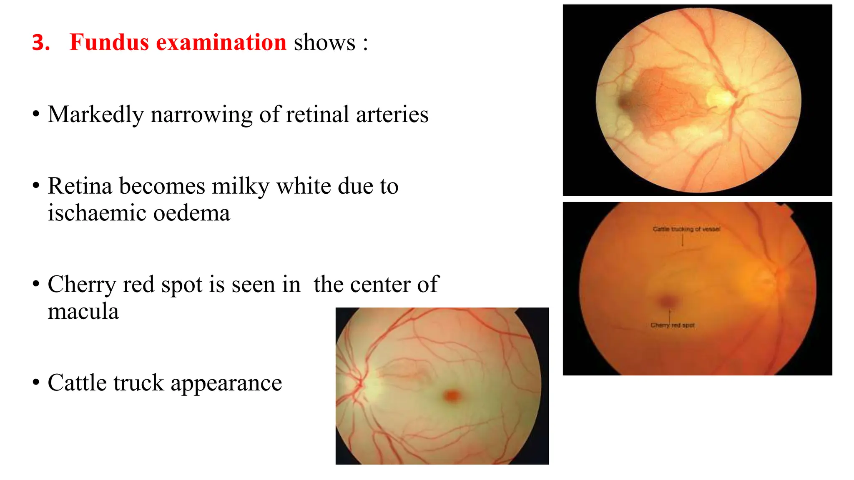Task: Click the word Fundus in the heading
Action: coord(109,42)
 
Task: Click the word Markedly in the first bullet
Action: coord(95,115)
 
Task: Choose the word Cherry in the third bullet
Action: coord(82,285)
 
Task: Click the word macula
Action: coord(83,312)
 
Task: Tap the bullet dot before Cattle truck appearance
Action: coord(36,382)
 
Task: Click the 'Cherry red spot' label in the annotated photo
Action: coord(672,325)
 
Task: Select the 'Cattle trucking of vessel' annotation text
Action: coord(686,229)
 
